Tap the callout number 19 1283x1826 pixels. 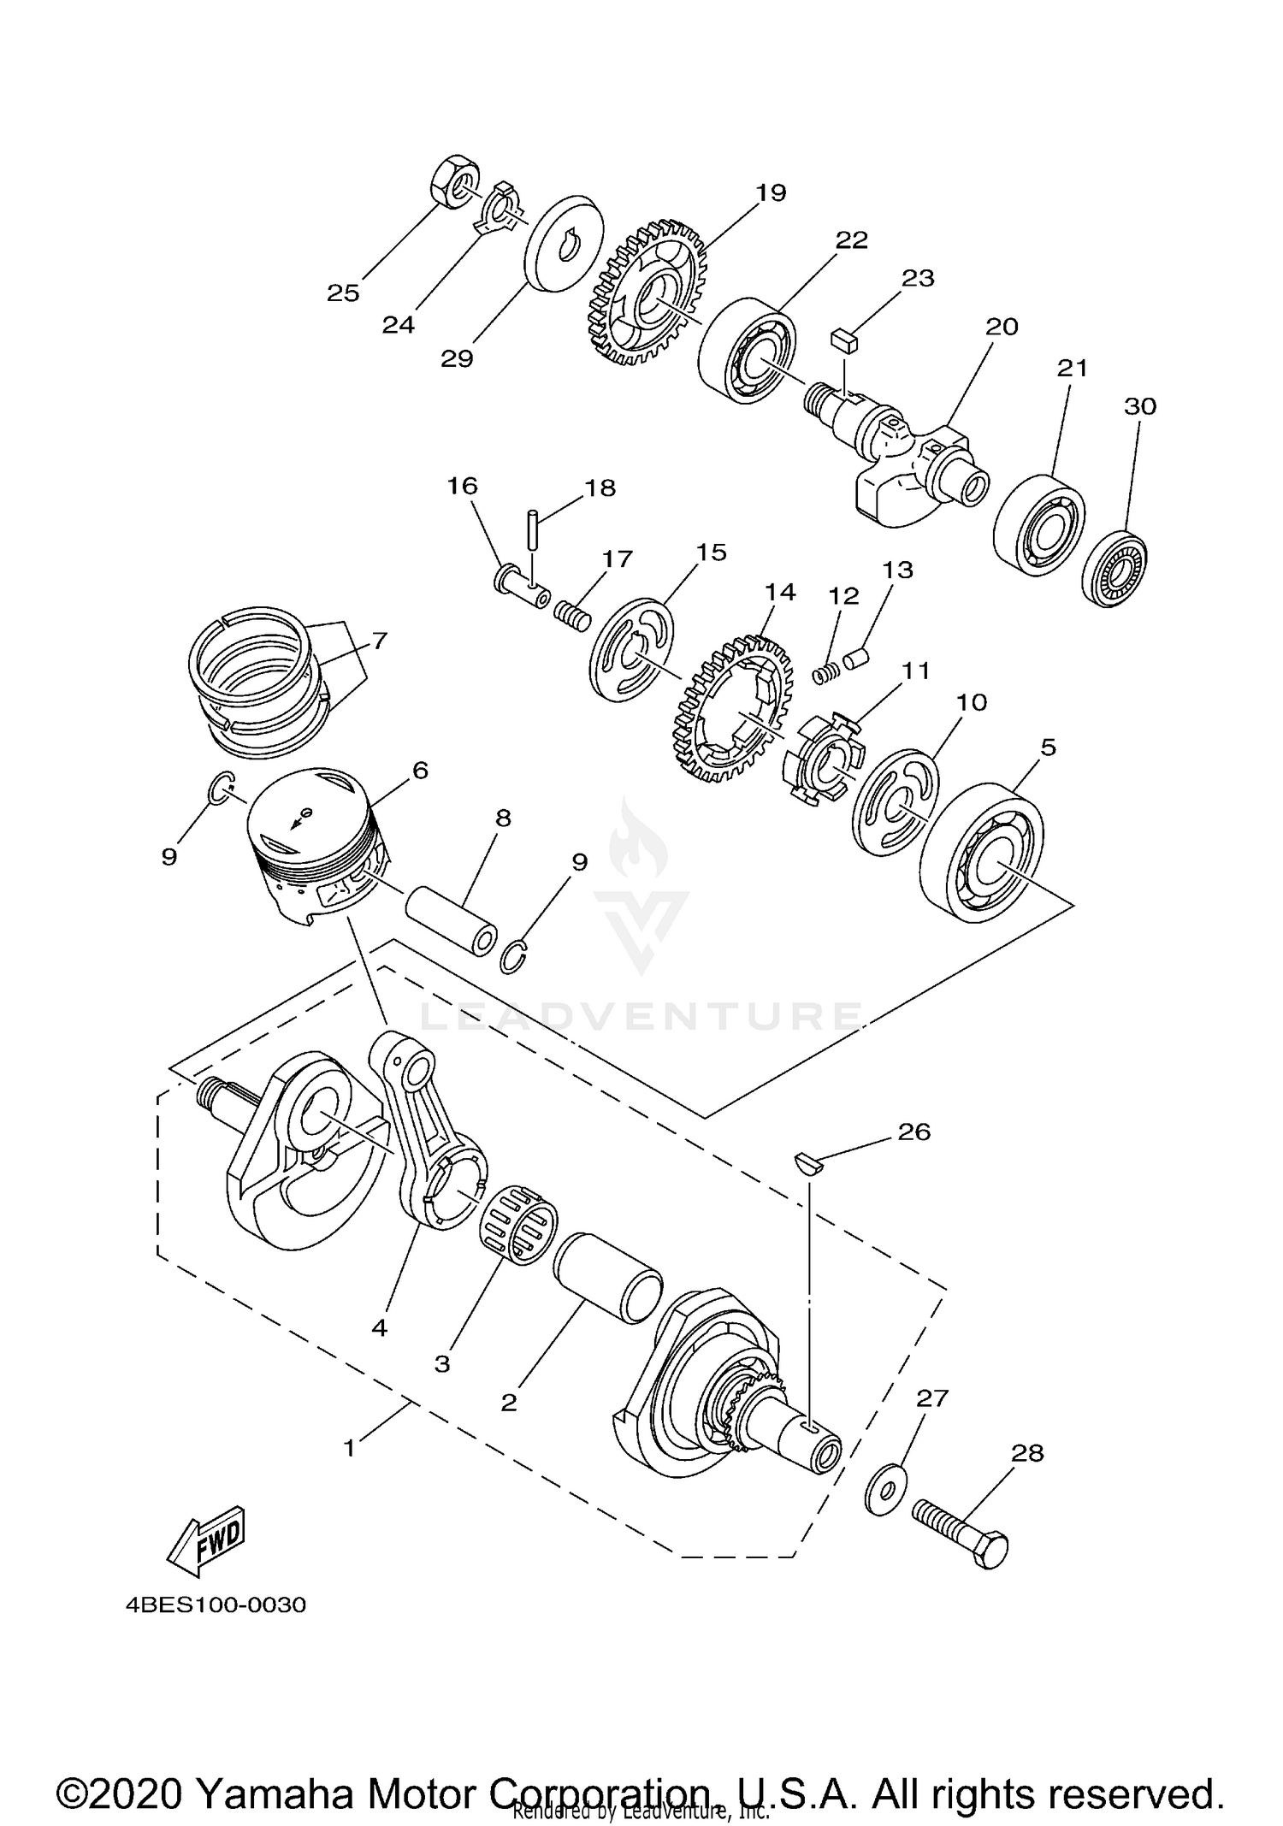pos(771,192)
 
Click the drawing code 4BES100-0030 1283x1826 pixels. pos(216,1604)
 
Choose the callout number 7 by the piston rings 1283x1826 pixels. pos(379,641)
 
